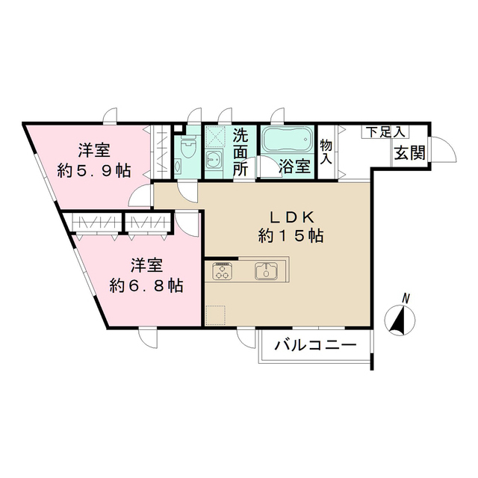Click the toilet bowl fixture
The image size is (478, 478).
tap(187, 146)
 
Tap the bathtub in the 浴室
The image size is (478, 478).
tap(287, 139)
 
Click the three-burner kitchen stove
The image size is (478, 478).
tap(223, 270)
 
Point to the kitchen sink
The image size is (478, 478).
tap(266, 270)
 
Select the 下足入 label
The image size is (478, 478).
tap(385, 132)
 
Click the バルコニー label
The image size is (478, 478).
tap(315, 345)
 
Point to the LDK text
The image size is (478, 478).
tap(291, 217)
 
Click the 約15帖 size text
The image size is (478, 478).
tap(291, 236)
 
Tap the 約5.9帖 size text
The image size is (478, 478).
tap(94, 171)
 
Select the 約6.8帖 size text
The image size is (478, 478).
tap(146, 285)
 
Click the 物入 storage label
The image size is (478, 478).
tap(326, 152)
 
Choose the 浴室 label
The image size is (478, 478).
tap(295, 167)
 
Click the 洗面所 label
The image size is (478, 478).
tap(240, 152)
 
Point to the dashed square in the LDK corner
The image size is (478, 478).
tap(216, 315)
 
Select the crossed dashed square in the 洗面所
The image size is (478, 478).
tap(214, 137)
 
